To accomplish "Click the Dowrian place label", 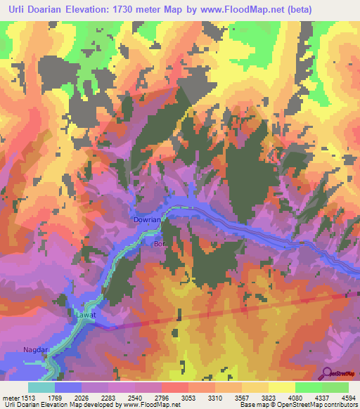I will [x=148, y=220].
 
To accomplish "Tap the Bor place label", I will [x=158, y=244].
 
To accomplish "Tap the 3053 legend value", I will [x=188, y=397].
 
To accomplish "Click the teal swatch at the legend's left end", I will [x=41, y=387].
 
